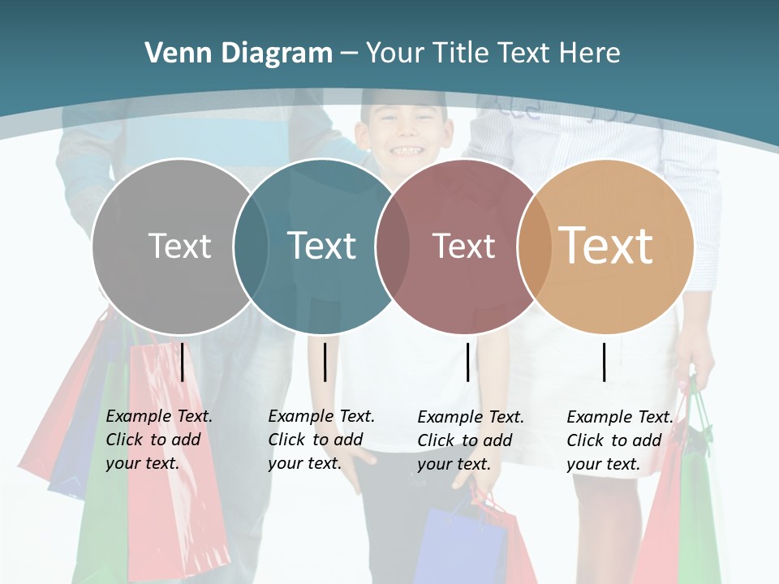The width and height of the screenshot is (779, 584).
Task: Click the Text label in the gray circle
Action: [179, 246]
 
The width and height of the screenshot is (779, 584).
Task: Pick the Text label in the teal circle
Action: [321, 246]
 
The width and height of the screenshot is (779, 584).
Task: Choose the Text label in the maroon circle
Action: [463, 246]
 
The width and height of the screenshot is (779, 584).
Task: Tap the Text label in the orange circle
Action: [605, 246]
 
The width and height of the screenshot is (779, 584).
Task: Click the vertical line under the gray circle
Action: [183, 362]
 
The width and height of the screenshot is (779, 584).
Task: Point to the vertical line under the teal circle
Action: [325, 362]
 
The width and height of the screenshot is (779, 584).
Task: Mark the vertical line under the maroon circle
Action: [467, 362]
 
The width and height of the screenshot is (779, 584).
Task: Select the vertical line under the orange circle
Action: [605, 362]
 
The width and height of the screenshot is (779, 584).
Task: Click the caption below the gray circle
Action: [158, 440]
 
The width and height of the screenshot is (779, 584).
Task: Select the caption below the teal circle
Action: [321, 440]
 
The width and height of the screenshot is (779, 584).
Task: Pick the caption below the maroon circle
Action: [470, 440]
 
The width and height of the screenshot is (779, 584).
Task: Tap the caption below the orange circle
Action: [619, 440]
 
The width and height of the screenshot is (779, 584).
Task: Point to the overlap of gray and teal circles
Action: [251, 246]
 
